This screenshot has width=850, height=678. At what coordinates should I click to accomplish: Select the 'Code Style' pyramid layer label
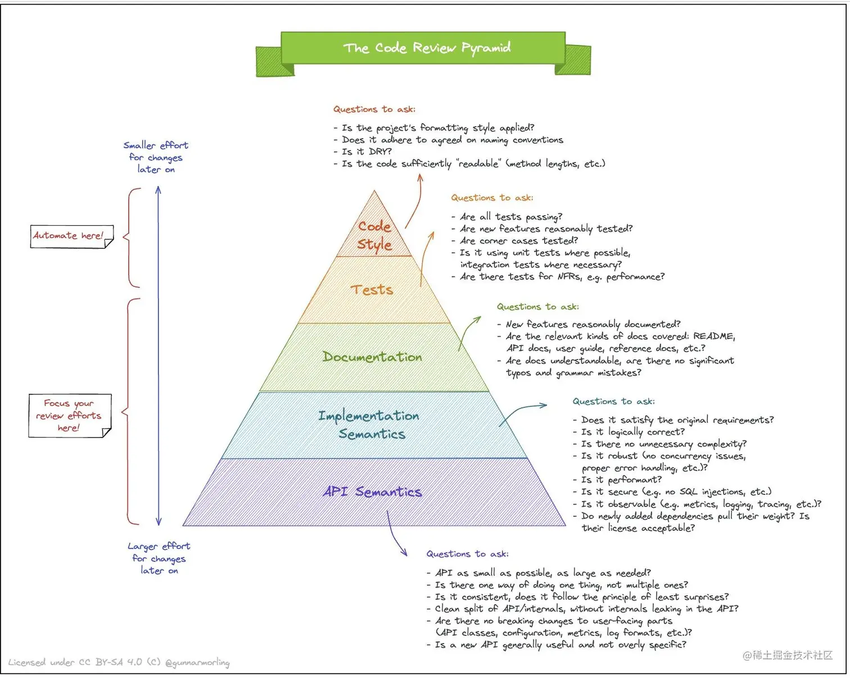click(x=374, y=235)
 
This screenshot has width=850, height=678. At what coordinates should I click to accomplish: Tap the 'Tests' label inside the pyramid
click(x=372, y=290)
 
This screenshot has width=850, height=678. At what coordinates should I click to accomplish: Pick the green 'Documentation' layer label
click(x=372, y=357)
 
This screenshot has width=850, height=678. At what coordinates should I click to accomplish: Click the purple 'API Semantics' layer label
click(x=372, y=492)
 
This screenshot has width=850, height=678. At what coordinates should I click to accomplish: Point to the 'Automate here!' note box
click(x=69, y=236)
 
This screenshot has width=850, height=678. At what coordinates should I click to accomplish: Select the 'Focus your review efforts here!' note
click(x=69, y=416)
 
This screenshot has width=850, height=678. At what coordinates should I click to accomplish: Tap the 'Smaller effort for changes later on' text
click(x=156, y=157)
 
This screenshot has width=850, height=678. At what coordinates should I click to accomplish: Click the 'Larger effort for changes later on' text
click(x=159, y=558)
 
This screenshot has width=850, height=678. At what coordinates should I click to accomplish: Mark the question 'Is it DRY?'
click(x=367, y=152)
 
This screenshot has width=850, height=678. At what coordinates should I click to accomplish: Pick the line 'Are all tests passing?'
click(x=510, y=217)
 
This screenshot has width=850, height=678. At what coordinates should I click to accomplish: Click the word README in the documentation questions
click(x=713, y=336)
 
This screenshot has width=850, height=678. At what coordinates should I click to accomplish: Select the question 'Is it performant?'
click(x=621, y=480)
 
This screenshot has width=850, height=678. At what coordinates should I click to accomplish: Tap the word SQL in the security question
click(x=688, y=492)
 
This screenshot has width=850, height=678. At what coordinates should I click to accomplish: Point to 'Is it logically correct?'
click(x=633, y=432)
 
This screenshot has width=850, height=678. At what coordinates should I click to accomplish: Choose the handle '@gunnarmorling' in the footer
click(x=197, y=663)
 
